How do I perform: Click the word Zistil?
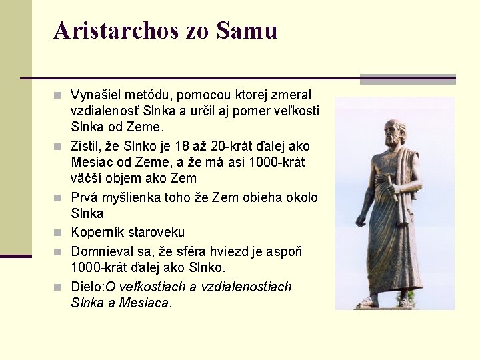(x=86, y=146)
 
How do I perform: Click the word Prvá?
(x=83, y=198)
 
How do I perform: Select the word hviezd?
(x=235, y=252)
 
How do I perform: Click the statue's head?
(x=395, y=131)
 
